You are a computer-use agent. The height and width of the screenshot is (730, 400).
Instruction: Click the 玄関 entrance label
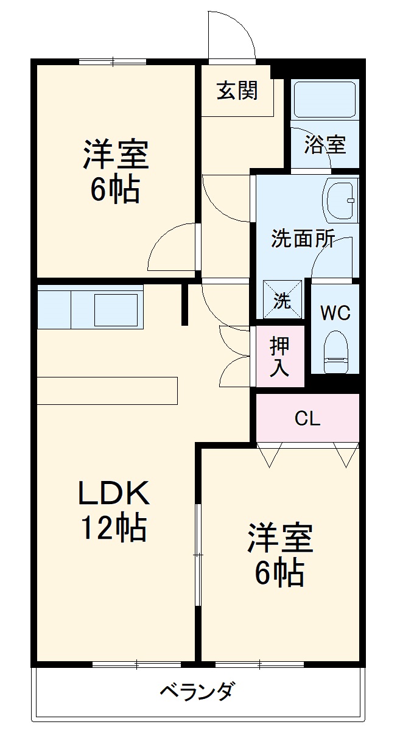(237, 91)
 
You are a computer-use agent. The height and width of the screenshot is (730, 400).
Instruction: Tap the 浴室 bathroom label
(325, 145)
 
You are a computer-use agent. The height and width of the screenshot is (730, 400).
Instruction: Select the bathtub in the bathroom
(325, 99)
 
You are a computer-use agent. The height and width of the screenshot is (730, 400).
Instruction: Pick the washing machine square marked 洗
(282, 300)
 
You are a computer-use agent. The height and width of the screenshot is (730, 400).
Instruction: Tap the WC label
(335, 314)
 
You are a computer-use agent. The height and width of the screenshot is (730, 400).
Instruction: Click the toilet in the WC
(335, 352)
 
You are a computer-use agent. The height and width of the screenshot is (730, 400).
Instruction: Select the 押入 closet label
(280, 357)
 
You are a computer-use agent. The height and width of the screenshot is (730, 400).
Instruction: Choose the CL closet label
(307, 418)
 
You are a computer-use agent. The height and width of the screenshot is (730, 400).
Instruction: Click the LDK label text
(114, 493)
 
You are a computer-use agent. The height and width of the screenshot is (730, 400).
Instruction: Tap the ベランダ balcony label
(197, 692)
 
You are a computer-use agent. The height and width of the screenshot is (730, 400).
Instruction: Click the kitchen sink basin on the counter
(116, 309)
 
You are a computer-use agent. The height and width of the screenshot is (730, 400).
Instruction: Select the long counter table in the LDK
(107, 390)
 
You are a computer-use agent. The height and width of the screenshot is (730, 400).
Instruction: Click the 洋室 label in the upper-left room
(116, 155)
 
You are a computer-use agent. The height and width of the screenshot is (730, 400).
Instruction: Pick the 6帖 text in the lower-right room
(279, 572)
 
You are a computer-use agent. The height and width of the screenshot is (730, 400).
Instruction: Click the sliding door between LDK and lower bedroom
(197, 554)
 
